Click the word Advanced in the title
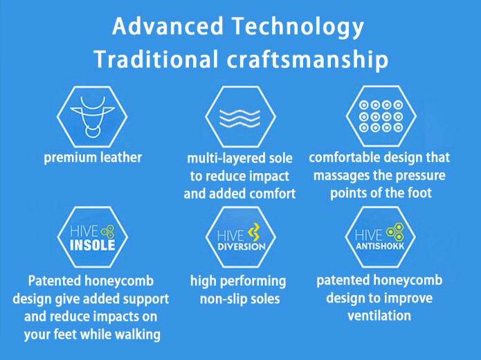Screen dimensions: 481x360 click(x=167, y=26)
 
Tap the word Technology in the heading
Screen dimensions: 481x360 click(x=298, y=28)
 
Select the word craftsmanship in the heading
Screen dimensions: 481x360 click(x=308, y=60)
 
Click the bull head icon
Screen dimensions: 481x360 click(x=92, y=117)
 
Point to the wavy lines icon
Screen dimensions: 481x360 click(x=240, y=118)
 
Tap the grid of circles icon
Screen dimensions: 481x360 click(x=381, y=116)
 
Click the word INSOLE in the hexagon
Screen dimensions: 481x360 click(x=92, y=245)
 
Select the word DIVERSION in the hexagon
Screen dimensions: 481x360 click(x=242, y=246)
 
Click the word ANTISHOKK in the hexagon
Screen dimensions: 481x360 click(x=380, y=246)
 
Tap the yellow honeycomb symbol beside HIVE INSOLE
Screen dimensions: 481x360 click(x=108, y=231)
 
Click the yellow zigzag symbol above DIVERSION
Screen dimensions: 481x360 click(x=254, y=232)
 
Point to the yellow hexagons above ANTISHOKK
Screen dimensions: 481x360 click(x=395, y=232)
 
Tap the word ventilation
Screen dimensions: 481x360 click(x=379, y=316)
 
